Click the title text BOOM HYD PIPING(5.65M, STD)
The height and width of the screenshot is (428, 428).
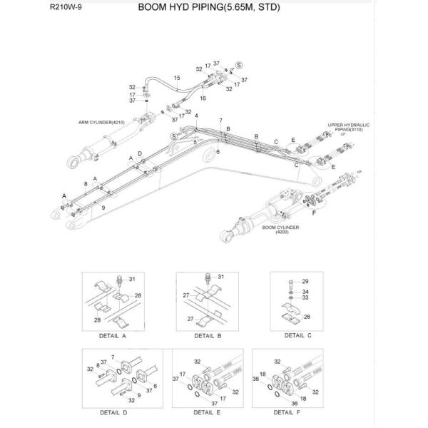208,9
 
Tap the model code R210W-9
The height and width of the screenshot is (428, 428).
66,9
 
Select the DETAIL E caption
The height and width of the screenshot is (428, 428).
208,412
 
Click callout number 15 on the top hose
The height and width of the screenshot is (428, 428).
176,77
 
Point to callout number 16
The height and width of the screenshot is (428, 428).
203,98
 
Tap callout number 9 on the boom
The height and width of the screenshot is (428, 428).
103,207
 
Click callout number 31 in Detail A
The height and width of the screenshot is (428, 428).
141,277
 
